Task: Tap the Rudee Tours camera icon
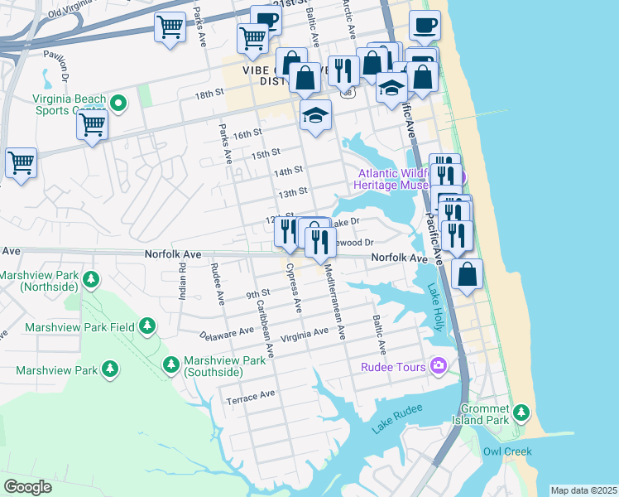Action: click(439, 366)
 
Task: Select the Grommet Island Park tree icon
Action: click(521, 412)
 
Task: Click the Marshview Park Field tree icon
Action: click(147, 326)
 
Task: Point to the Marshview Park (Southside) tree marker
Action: click(171, 364)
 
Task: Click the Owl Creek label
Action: click(506, 451)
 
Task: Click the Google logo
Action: click(27, 486)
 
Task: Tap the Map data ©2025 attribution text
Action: click(583, 490)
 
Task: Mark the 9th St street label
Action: click(257, 293)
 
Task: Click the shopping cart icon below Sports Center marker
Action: click(92, 125)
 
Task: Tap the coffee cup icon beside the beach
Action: click(425, 26)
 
